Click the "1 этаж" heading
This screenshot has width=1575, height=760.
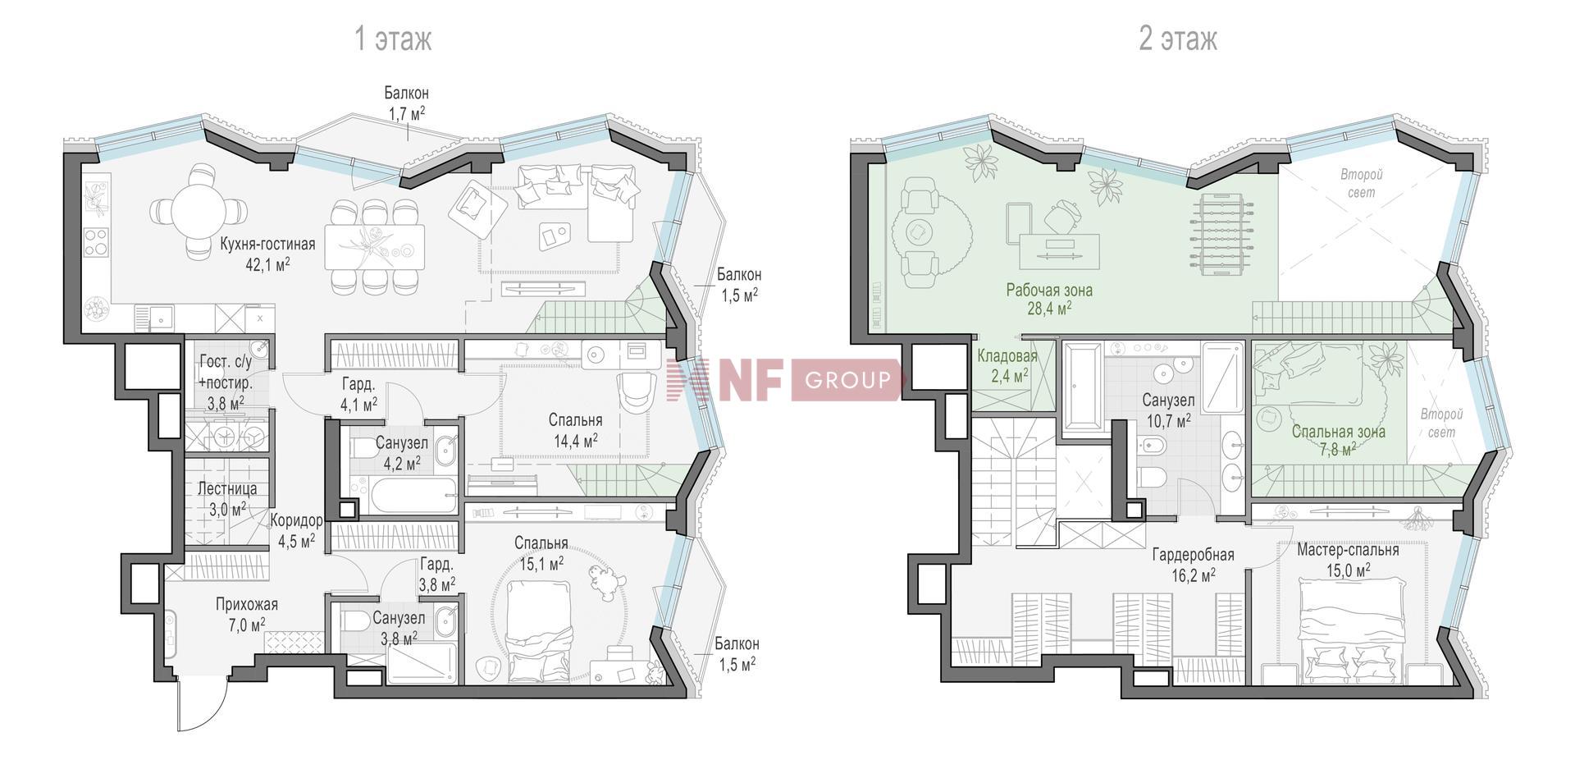pos(392,39)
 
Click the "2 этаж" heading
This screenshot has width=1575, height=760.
pos(1178,39)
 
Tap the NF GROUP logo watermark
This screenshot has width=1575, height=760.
pos(785,380)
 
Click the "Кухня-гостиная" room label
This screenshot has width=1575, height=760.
pos(267,244)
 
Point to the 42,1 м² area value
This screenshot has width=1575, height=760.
pos(267,264)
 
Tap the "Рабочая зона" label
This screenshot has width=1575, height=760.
pos(1049,290)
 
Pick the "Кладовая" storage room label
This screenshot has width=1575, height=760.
pos(1007,356)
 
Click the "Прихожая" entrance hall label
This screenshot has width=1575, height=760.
pos(247,605)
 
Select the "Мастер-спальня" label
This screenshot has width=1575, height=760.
pos(1348,550)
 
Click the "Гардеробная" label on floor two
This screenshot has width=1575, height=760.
pos(1194,556)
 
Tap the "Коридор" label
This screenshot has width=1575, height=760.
pos(296,520)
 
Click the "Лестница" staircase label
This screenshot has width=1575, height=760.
pos(227,489)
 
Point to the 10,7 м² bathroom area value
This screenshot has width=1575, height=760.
pos(1168,421)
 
